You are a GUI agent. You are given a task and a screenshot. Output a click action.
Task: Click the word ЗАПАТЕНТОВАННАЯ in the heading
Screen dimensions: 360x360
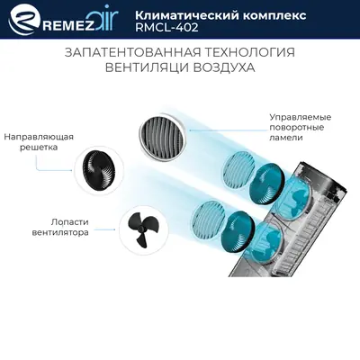pos(125,51)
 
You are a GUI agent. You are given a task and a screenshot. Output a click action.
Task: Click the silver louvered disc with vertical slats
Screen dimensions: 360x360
pos(162,130)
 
